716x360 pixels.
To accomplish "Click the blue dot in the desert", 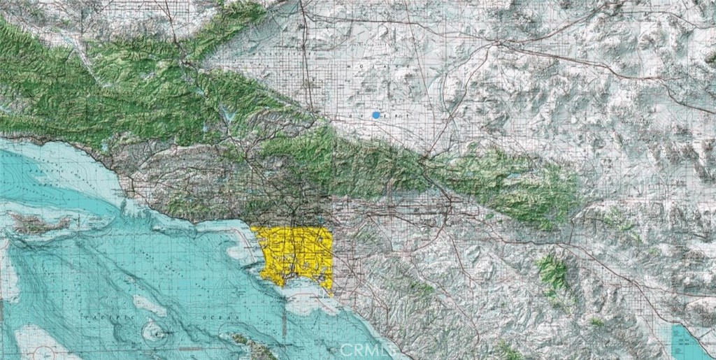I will pos(376,115).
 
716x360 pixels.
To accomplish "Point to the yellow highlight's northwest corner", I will pos(254,229).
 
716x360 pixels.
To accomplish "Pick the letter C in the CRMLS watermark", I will pos(341,347).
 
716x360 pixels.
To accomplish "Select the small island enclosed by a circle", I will pos(152,329).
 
